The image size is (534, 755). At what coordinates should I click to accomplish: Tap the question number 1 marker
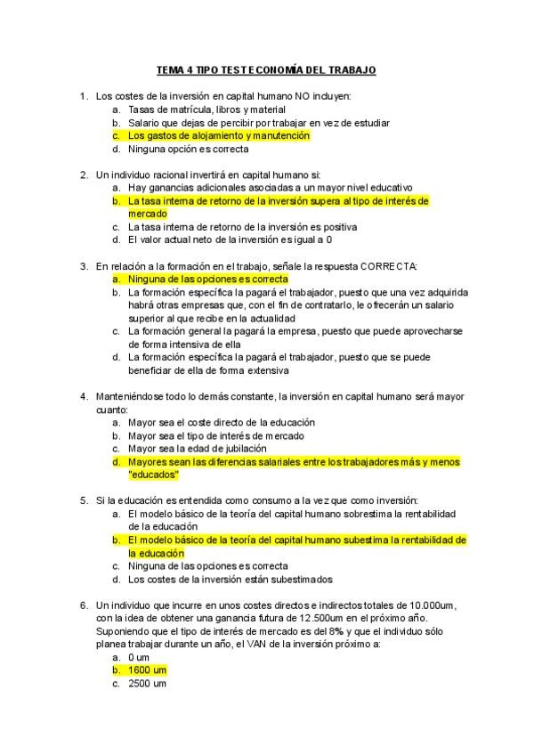pos(83,95)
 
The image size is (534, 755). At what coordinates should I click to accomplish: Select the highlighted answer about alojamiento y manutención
pos(218,135)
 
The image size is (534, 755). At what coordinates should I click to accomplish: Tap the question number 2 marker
pos(83,175)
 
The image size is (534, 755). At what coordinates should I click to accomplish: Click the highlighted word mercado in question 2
pos(148,214)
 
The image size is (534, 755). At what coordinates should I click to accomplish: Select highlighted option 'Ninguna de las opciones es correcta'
pos(207,279)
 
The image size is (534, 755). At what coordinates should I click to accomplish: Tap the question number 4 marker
pos(83,396)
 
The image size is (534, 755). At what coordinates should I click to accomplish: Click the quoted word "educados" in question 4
pos(154,475)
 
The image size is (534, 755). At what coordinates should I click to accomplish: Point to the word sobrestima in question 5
pos(328,514)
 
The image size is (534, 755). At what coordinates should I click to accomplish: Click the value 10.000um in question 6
pos(424,605)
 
